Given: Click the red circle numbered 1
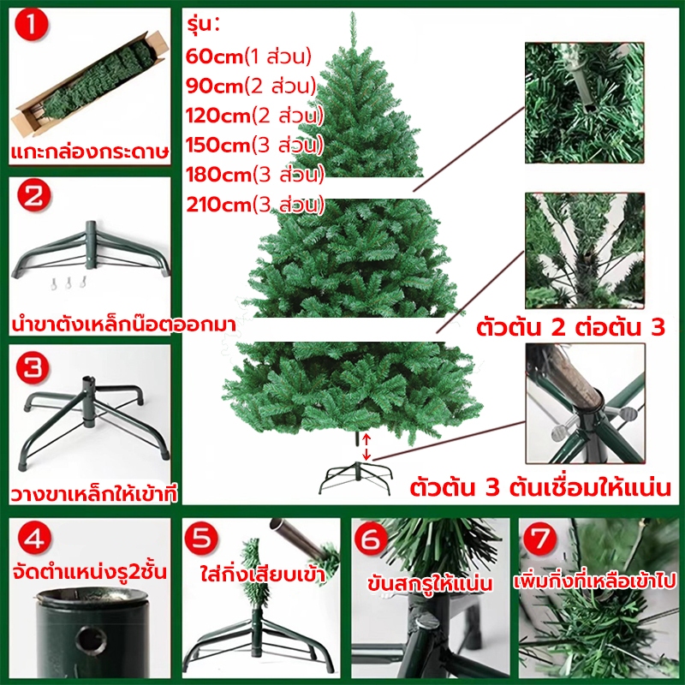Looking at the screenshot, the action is pos(32,25).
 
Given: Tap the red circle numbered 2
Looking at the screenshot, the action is pos(34,195).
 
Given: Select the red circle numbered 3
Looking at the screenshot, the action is pos(33,367).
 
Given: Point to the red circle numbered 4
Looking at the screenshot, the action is pos(34,540).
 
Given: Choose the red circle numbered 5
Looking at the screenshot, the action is pos(201,540).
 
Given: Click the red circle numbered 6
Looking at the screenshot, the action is pos(371,540).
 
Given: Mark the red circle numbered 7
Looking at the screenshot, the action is pos(540,540).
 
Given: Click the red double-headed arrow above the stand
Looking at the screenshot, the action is pos(366,446).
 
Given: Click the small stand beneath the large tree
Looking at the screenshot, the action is pos(356,478).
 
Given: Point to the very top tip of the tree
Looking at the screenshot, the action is pos(353,12).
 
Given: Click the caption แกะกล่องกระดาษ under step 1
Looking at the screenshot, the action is pos(90,152).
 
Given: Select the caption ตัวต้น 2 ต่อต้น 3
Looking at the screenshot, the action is pos(570,327).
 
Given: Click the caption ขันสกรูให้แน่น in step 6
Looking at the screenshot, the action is pos(430,583).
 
